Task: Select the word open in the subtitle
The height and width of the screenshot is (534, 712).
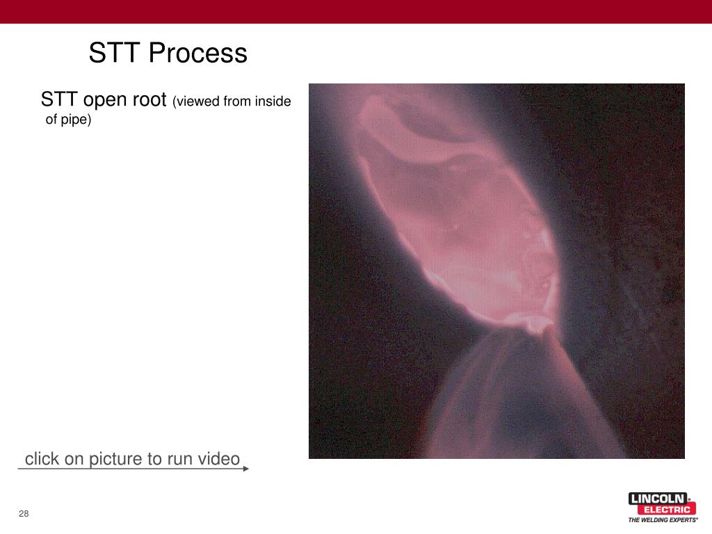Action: pyautogui.click(x=106, y=99)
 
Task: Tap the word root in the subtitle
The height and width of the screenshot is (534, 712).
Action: pyautogui.click(x=149, y=99)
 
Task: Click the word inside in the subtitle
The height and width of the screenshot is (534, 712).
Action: pyautogui.click(x=273, y=102)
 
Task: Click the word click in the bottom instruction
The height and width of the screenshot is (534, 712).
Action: pyautogui.click(x=42, y=459)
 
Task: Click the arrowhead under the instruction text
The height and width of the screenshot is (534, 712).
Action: pyautogui.click(x=245, y=469)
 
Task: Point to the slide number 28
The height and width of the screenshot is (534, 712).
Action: pyautogui.click(x=24, y=514)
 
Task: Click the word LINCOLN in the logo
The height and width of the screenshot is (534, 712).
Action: pyautogui.click(x=657, y=499)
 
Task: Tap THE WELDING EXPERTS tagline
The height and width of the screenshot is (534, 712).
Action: pyautogui.click(x=663, y=520)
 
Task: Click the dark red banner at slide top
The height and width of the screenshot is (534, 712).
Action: pyautogui.click(x=356, y=11)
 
